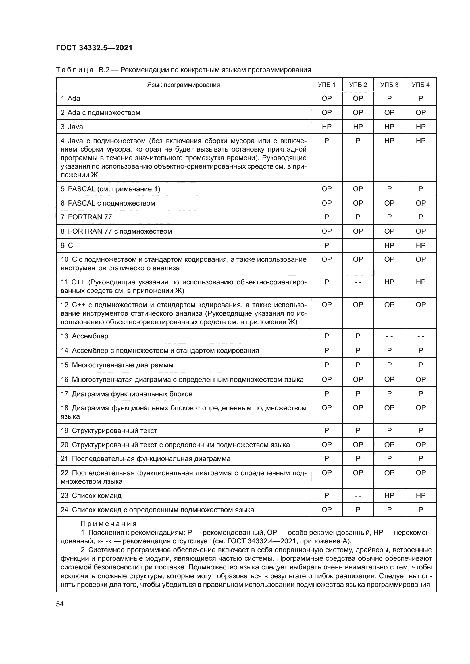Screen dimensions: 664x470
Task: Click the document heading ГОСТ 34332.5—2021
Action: pyautogui.click(x=94, y=48)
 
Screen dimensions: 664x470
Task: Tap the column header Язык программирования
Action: pyautogui.click(x=183, y=85)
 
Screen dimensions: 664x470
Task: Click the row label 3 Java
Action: pyautogui.click(x=72, y=127)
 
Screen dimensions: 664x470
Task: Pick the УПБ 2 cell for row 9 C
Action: pyautogui.click(x=358, y=246)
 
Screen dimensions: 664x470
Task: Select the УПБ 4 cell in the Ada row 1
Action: pyautogui.click(x=420, y=98)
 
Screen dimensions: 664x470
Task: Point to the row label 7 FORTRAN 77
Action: pyautogui.click(x=86, y=217)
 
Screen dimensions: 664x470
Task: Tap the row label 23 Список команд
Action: pyautogui.click(x=91, y=495)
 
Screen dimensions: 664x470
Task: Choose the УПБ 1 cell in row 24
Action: pyautogui.click(x=326, y=510)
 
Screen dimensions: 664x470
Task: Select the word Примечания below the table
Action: pyautogui.click(x=109, y=524)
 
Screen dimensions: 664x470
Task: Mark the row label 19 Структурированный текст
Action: pyautogui.click(x=109, y=431)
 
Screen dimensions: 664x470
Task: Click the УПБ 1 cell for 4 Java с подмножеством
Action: pyautogui.click(x=326, y=141)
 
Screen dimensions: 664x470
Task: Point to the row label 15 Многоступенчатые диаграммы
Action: pyautogui.click(x=117, y=365)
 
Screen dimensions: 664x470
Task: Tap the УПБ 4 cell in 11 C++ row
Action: pyautogui.click(x=420, y=282)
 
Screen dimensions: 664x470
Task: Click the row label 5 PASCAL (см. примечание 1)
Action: pyautogui.click(x=110, y=189)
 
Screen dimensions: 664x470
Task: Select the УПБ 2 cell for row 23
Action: pyautogui.click(x=358, y=496)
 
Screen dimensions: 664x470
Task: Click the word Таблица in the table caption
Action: pyautogui.click(x=75, y=70)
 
